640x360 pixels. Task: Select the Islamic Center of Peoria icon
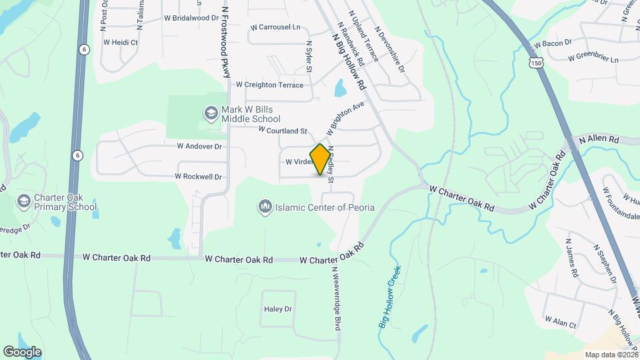265,207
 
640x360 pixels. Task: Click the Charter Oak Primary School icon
24,201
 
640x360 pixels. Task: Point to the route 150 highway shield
537,62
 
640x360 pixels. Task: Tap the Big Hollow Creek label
391,296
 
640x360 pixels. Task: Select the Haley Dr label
278,309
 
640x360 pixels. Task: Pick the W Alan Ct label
560,323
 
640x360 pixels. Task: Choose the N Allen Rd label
599,140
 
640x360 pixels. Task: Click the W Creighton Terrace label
269,85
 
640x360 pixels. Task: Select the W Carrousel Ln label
275,27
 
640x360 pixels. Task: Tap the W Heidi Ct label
120,42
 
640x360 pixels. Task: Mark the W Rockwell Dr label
197,177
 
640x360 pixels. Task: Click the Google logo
22,351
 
